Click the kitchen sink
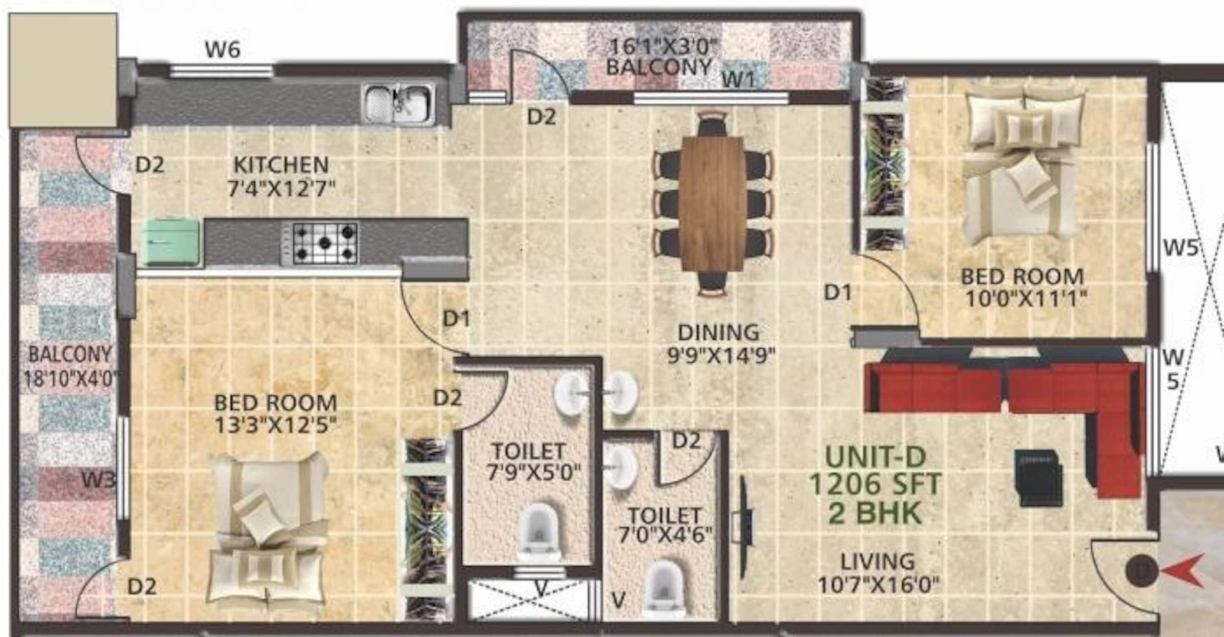coord(399,104)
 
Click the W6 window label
coord(222,49)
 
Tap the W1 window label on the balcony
coord(738,80)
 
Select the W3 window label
coord(98,481)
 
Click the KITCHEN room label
coord(281,165)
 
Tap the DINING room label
coord(718,332)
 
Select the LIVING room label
coord(878,562)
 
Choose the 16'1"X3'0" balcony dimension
coord(662,47)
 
